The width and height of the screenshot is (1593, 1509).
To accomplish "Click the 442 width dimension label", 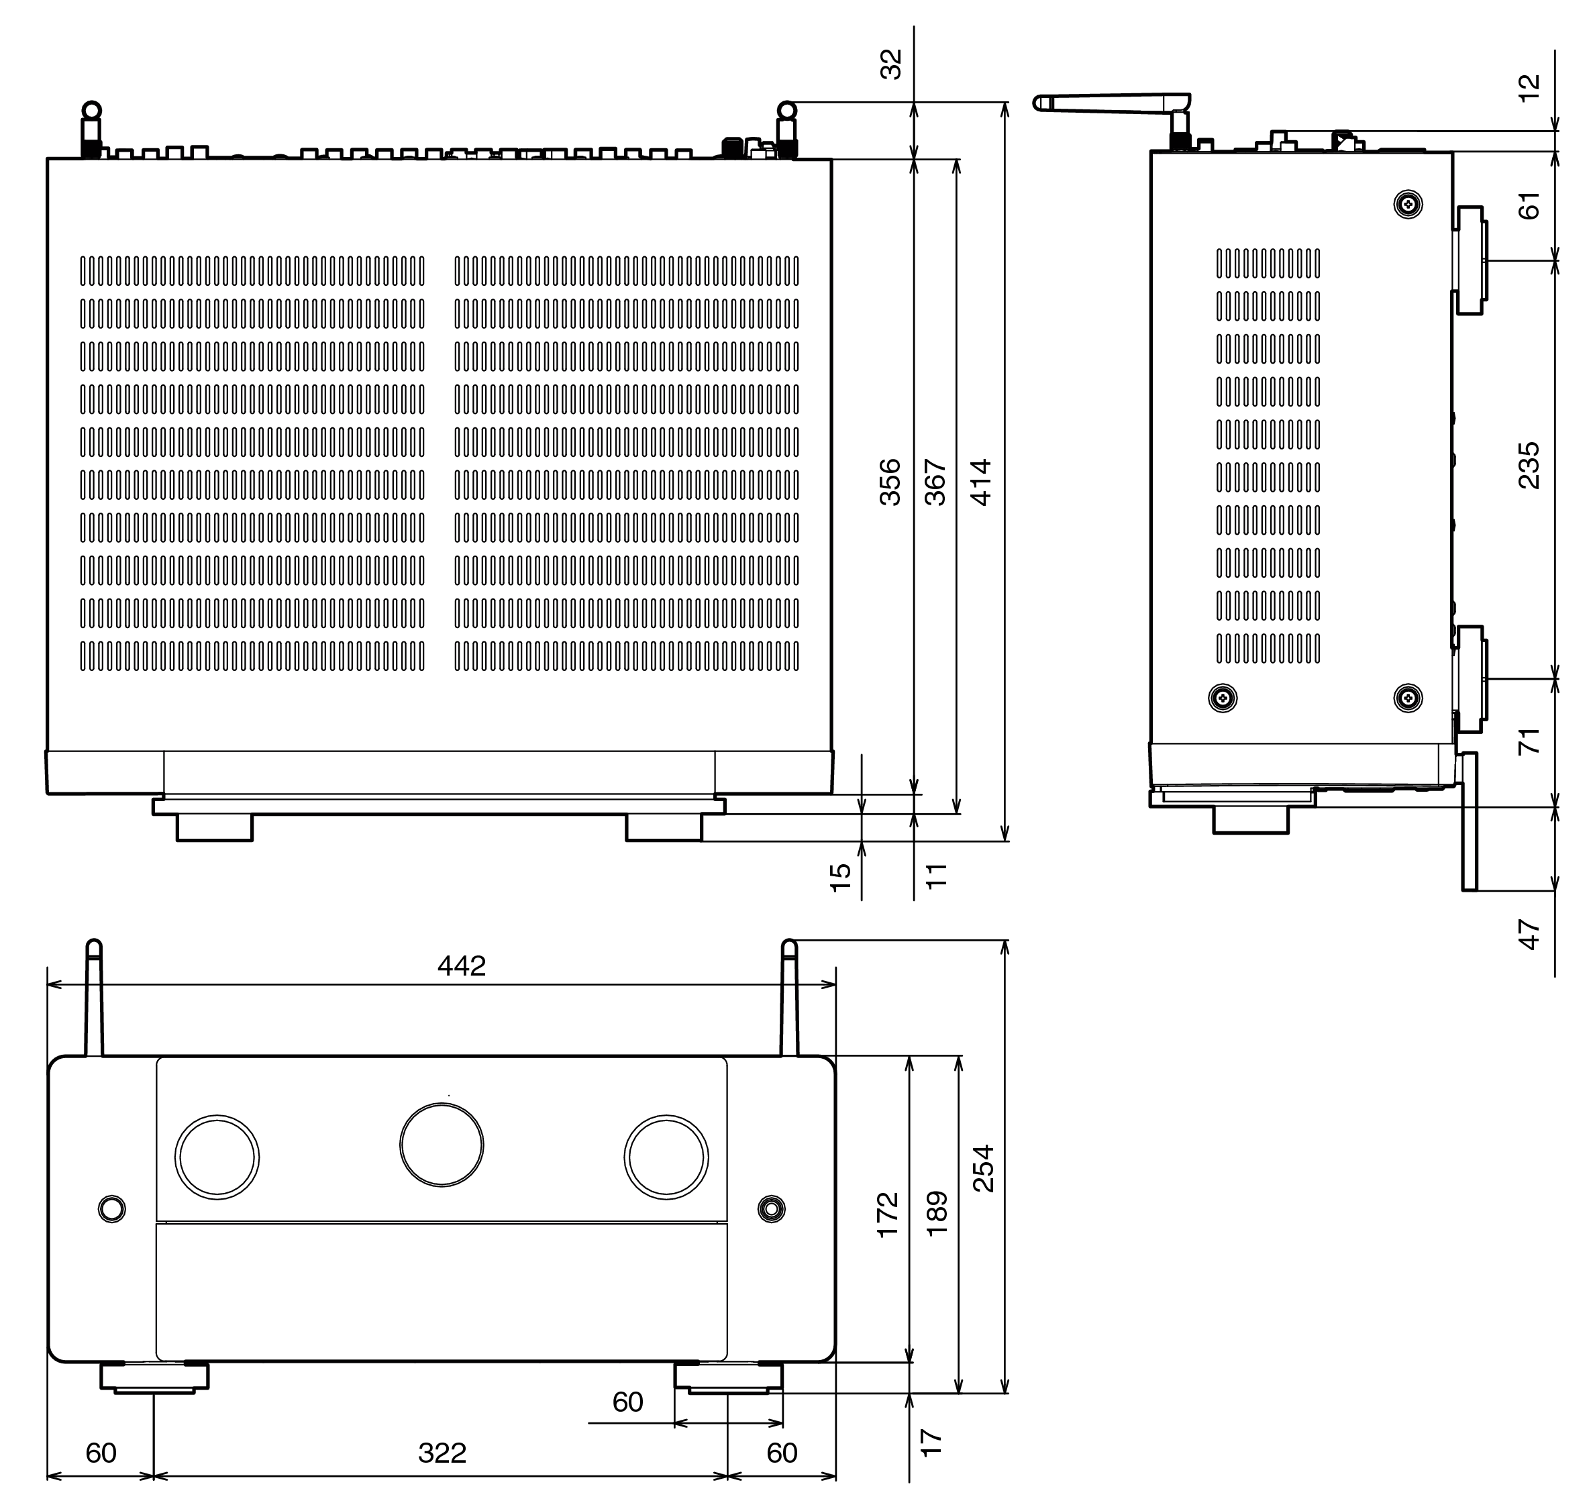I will coord(461,966).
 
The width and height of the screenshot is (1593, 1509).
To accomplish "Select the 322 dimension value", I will coord(442,1453).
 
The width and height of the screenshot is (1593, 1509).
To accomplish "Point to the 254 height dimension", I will coord(983,1168).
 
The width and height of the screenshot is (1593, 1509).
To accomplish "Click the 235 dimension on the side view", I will coord(1528,465).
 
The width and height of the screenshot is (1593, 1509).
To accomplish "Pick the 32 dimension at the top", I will coord(890,64).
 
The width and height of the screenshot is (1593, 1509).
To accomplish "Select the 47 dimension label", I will coord(1528,934).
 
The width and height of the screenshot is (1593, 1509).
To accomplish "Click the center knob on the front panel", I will coord(442,1145).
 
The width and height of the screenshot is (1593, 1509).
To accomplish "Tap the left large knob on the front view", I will coord(217,1157).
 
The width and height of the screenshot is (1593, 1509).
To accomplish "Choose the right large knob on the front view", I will coord(666,1157).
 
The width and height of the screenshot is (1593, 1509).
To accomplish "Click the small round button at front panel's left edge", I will coord(112,1208).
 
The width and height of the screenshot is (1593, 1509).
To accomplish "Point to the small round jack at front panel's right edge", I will coord(772,1208).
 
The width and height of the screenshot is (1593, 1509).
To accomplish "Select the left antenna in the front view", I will coord(94,998).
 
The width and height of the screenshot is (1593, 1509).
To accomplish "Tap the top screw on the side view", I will coord(1407,205).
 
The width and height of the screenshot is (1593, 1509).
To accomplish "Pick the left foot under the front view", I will coord(154,1377).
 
